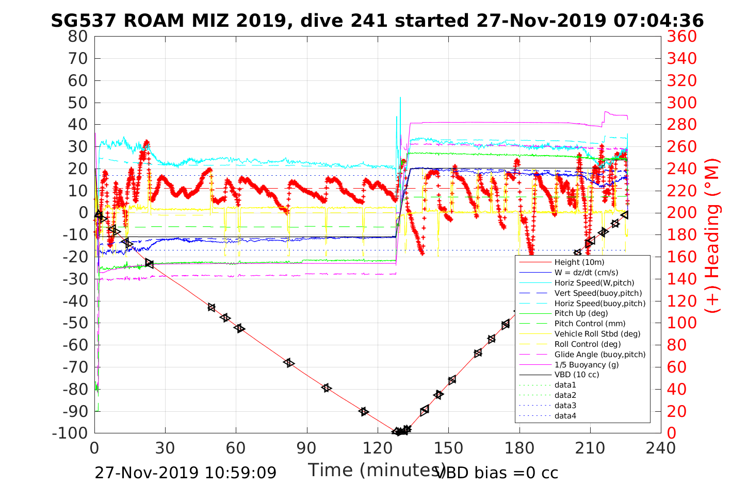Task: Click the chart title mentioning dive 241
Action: tap(377, 21)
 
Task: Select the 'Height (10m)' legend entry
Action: tap(579, 262)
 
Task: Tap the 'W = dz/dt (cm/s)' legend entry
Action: tap(586, 273)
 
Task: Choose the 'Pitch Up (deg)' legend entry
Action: tap(581, 313)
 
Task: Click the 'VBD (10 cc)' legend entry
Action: tap(577, 375)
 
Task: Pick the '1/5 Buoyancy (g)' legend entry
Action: tap(587, 364)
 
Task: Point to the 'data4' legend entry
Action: tap(565, 415)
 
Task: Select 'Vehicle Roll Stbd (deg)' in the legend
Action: tap(597, 334)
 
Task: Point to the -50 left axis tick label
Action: tap(74, 323)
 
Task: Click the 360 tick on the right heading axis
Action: tap(681, 37)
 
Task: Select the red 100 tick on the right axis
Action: tap(681, 323)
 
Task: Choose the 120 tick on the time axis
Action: tap(378, 448)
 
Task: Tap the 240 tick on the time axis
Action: tap(661, 448)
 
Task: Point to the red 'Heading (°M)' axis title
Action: tap(712, 258)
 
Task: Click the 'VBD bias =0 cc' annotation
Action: tap(497, 473)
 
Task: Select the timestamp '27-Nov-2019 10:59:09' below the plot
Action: tap(185, 473)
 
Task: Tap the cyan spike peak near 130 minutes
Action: tap(400, 97)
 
